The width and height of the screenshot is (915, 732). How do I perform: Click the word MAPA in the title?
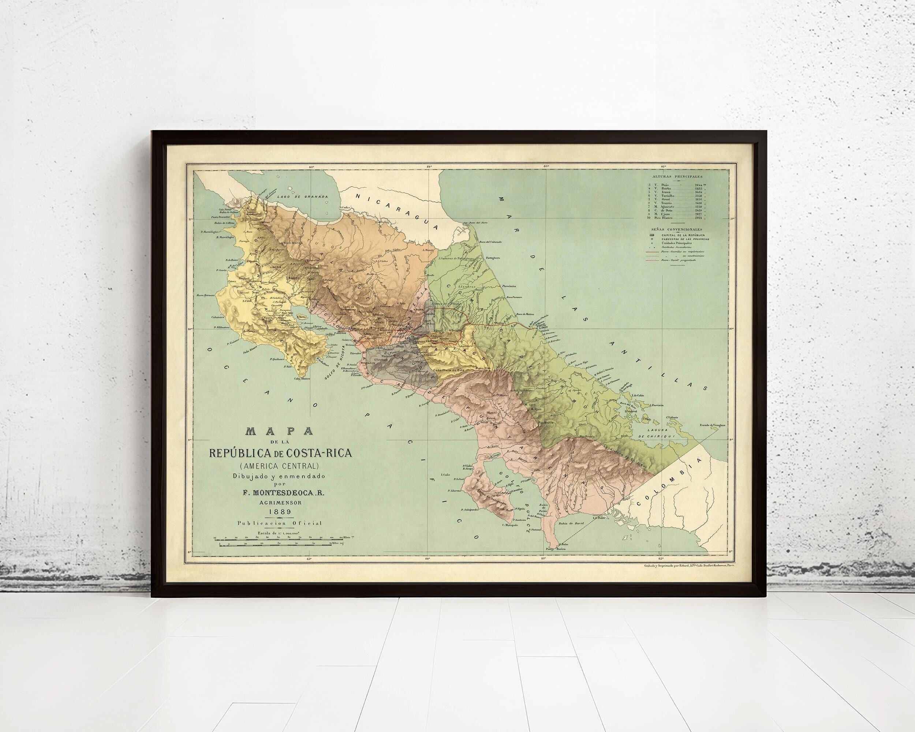tap(279, 432)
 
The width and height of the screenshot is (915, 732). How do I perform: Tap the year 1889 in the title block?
tap(279, 513)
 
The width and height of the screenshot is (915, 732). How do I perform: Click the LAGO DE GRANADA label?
tap(302, 197)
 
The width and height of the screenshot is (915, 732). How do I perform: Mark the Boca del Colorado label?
tap(490, 242)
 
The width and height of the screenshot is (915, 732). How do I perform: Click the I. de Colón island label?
tap(638, 395)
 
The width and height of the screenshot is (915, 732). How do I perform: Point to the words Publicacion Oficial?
tap(279, 523)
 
